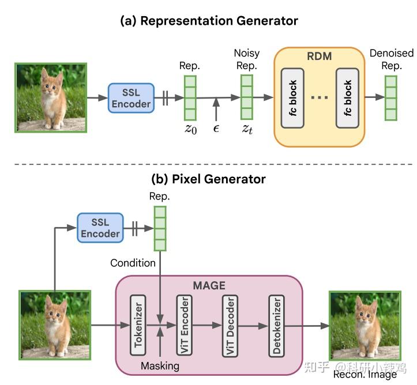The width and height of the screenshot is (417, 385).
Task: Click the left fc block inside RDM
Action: click(294, 97)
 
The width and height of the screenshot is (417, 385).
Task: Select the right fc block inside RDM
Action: click(347, 97)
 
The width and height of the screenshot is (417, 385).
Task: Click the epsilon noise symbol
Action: click(216, 129)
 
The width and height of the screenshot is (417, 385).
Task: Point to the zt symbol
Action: click(247, 129)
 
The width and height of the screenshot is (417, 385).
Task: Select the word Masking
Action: click(160, 365)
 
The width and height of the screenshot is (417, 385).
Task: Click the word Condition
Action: click(133, 263)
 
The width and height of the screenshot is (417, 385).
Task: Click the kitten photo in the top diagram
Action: click(51, 97)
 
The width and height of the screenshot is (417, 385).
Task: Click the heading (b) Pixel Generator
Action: click(208, 179)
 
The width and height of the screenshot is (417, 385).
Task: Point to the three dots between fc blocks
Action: click(320, 98)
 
